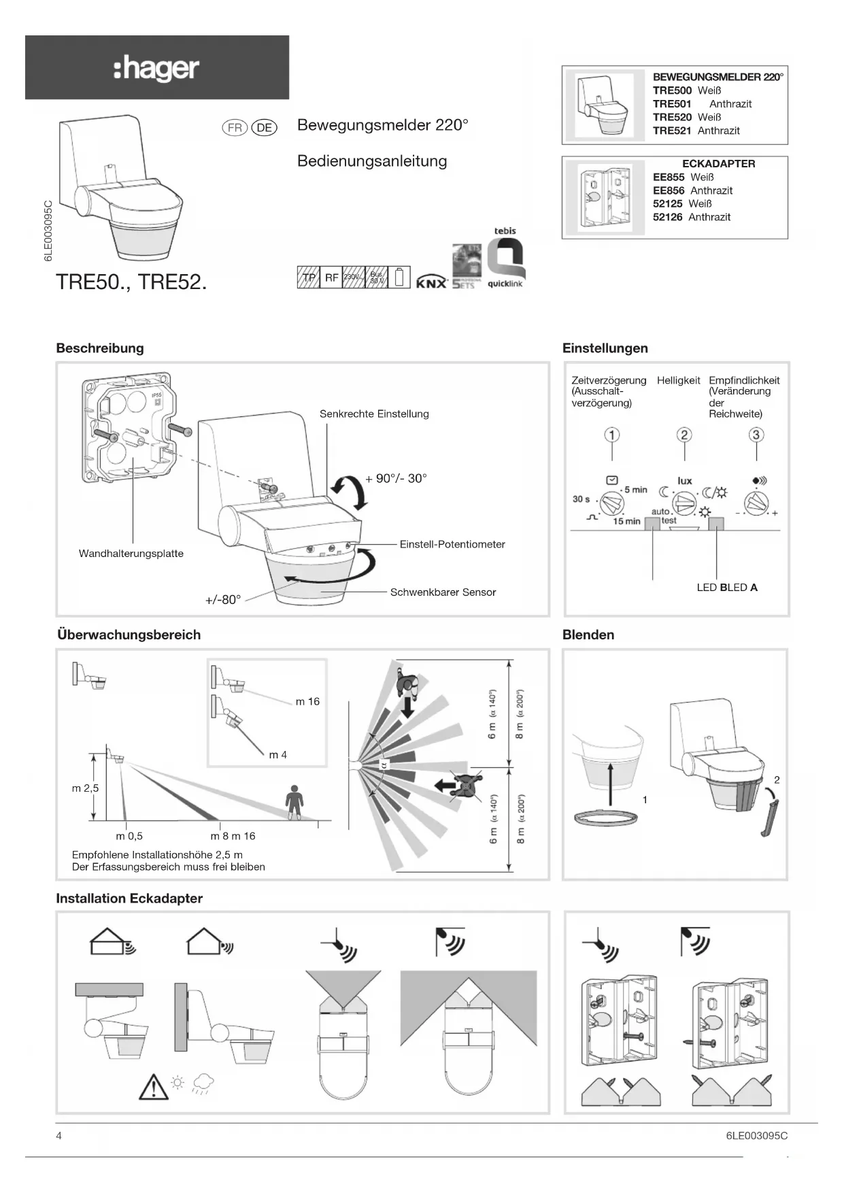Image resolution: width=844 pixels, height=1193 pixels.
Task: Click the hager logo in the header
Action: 156,69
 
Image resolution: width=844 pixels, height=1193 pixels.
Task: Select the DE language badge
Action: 264,128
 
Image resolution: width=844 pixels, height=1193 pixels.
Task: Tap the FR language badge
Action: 235,128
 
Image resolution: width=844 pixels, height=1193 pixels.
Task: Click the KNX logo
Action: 431,282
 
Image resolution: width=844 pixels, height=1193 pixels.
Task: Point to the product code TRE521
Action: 672,131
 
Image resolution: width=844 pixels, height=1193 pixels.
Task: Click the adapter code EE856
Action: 669,190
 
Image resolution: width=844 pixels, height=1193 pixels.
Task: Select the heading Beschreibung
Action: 100,348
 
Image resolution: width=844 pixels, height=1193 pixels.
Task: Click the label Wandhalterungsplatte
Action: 131,554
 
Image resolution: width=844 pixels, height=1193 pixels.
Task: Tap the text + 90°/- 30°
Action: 396,479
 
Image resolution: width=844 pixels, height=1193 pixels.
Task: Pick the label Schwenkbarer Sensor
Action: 443,592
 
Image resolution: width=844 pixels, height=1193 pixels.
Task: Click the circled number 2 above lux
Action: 684,435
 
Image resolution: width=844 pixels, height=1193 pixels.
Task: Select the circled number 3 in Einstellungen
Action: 756,435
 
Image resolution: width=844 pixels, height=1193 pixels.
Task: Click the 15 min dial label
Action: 626,522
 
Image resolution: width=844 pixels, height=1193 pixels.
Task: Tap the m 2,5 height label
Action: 85,788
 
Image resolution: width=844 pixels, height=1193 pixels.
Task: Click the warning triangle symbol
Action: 154,1086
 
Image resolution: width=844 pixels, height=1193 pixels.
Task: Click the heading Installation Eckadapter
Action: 129,898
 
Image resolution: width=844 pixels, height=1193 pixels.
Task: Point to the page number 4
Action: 59,1135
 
